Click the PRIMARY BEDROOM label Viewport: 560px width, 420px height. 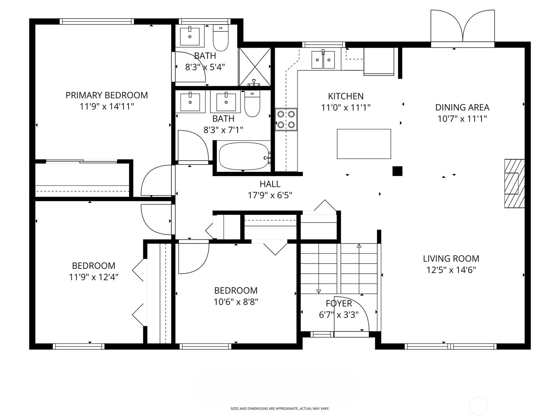coord(107,95)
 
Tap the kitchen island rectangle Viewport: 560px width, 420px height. coord(364,144)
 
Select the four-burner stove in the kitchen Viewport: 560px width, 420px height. coord(286,119)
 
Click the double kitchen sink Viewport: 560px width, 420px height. coord(323,59)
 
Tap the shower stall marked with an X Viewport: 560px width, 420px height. coord(255,66)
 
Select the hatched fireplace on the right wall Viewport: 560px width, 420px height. coord(514,183)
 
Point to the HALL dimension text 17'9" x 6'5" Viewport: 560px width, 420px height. coord(270,195)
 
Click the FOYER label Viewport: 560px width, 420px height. coord(338,303)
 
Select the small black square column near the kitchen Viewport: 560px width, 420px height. coord(397,171)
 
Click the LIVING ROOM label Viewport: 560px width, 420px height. coord(451,259)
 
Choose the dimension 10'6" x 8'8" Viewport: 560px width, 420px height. coord(236,302)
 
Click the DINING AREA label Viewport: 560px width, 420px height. coord(462,107)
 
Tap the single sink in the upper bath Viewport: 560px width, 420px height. coord(190,36)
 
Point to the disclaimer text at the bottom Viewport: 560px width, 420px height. coord(280,408)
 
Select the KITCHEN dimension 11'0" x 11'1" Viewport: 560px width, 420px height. coord(345,107)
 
